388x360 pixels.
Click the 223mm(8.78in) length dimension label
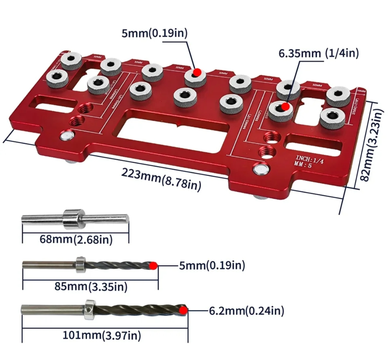[x=161, y=178]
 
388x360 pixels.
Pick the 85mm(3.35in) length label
[x=91, y=286]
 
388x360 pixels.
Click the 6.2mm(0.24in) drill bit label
[x=246, y=311]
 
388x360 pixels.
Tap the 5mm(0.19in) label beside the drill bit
[x=212, y=266]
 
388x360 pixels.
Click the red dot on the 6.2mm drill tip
[x=184, y=310]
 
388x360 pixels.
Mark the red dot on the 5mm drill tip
[x=153, y=266]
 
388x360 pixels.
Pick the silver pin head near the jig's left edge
[x=67, y=136]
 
